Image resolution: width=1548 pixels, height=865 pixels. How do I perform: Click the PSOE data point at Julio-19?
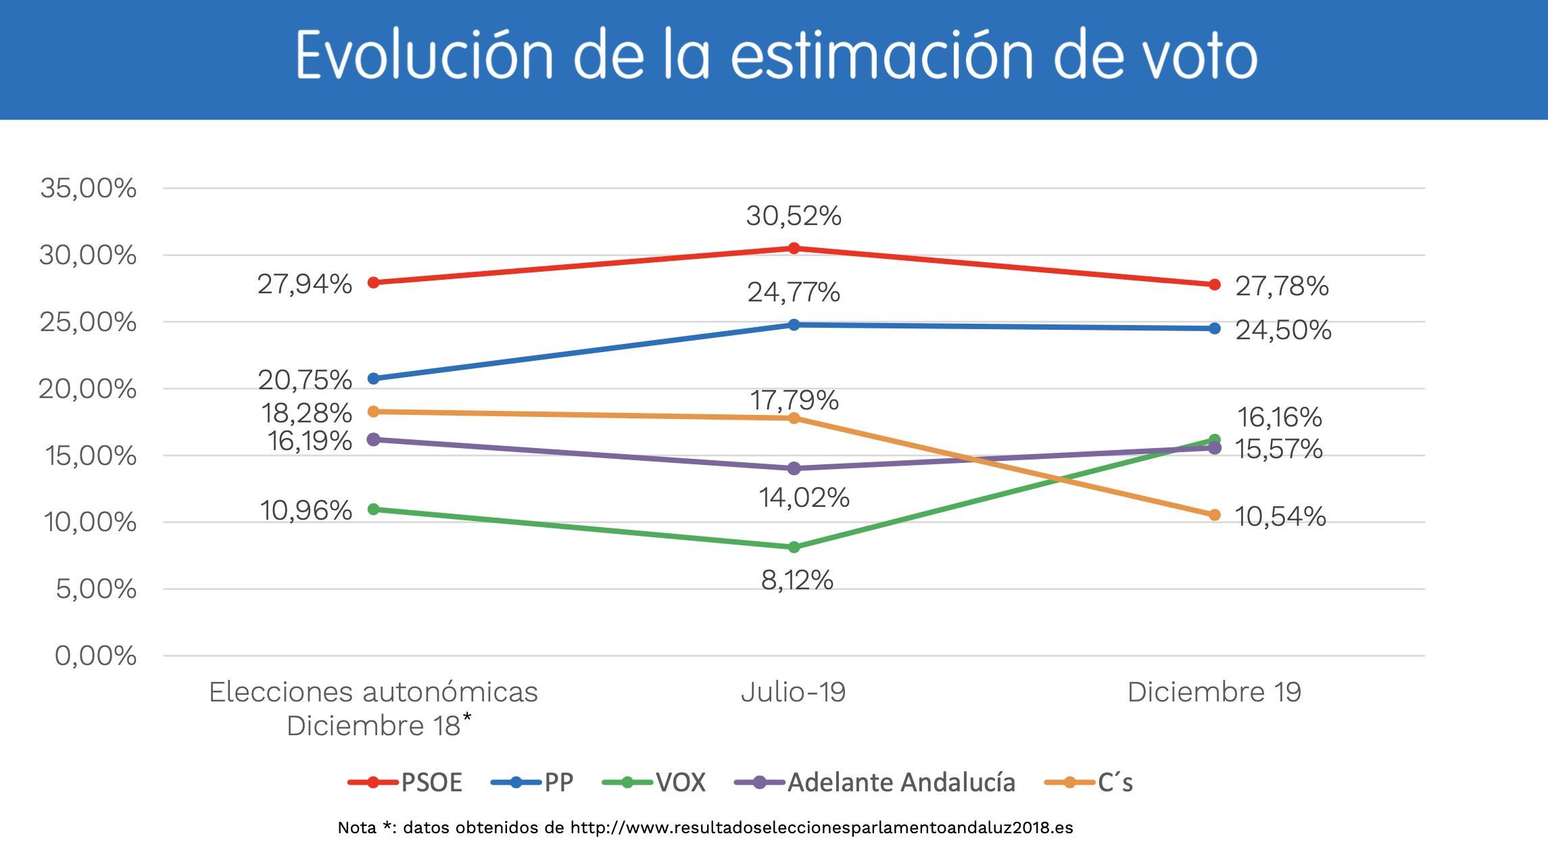click(x=794, y=248)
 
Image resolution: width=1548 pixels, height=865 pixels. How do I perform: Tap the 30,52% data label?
click(x=794, y=216)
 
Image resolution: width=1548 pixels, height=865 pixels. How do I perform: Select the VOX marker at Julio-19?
click(x=794, y=547)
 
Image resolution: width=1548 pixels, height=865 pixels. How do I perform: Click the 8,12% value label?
click(x=797, y=580)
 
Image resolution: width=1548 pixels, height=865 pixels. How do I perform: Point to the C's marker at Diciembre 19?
click(x=1214, y=515)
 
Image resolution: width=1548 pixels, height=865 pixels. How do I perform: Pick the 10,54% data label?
click(x=1280, y=517)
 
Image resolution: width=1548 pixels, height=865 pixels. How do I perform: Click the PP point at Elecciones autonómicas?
click(x=373, y=378)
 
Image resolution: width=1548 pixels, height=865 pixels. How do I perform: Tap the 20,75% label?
click(x=305, y=380)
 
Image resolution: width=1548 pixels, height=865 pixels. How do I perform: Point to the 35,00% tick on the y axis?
click(x=88, y=188)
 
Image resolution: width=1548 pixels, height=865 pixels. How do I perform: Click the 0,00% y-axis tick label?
click(x=95, y=656)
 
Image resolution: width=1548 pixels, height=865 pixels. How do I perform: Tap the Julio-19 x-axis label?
click(x=793, y=692)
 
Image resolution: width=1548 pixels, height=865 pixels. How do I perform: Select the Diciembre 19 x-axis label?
click(x=1214, y=692)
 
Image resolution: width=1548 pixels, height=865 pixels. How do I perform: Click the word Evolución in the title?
click(x=425, y=55)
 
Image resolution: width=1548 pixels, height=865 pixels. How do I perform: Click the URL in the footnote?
click(x=821, y=828)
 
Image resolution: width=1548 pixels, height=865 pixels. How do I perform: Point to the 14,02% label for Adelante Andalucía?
click(x=804, y=498)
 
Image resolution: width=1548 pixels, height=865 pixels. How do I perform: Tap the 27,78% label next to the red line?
click(x=1282, y=287)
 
